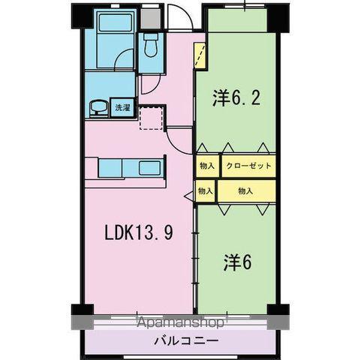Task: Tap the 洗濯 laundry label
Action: tap(121, 107)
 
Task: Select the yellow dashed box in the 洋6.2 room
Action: tap(200, 55)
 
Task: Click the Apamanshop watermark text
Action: tap(180, 324)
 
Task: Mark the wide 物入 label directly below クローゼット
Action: tap(245, 191)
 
